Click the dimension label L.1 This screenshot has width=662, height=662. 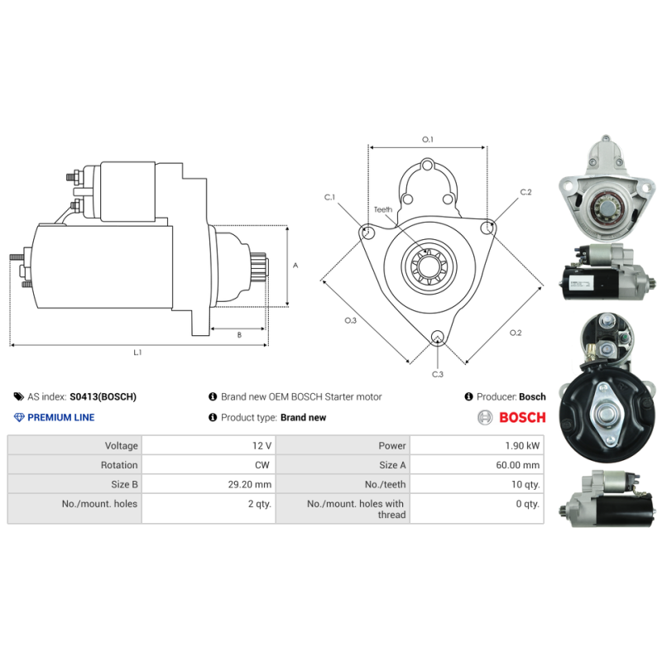[x=137, y=353]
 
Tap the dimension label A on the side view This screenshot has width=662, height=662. [x=295, y=266]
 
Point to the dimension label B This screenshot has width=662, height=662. [x=239, y=335]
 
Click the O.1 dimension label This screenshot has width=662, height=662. [x=428, y=140]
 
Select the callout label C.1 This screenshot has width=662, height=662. [x=329, y=197]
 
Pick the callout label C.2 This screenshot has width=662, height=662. [x=525, y=192]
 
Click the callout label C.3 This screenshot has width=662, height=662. [x=438, y=375]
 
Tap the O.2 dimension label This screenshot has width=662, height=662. [x=515, y=333]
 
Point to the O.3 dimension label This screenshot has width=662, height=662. [x=350, y=320]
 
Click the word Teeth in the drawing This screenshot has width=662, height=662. [x=382, y=210]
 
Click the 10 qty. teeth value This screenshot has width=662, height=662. [x=525, y=484]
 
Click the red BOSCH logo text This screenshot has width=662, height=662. [x=522, y=417]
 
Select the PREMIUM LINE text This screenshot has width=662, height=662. [x=61, y=417]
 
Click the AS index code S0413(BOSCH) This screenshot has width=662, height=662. [x=103, y=397]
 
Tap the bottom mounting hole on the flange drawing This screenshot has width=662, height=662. [x=438, y=337]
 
